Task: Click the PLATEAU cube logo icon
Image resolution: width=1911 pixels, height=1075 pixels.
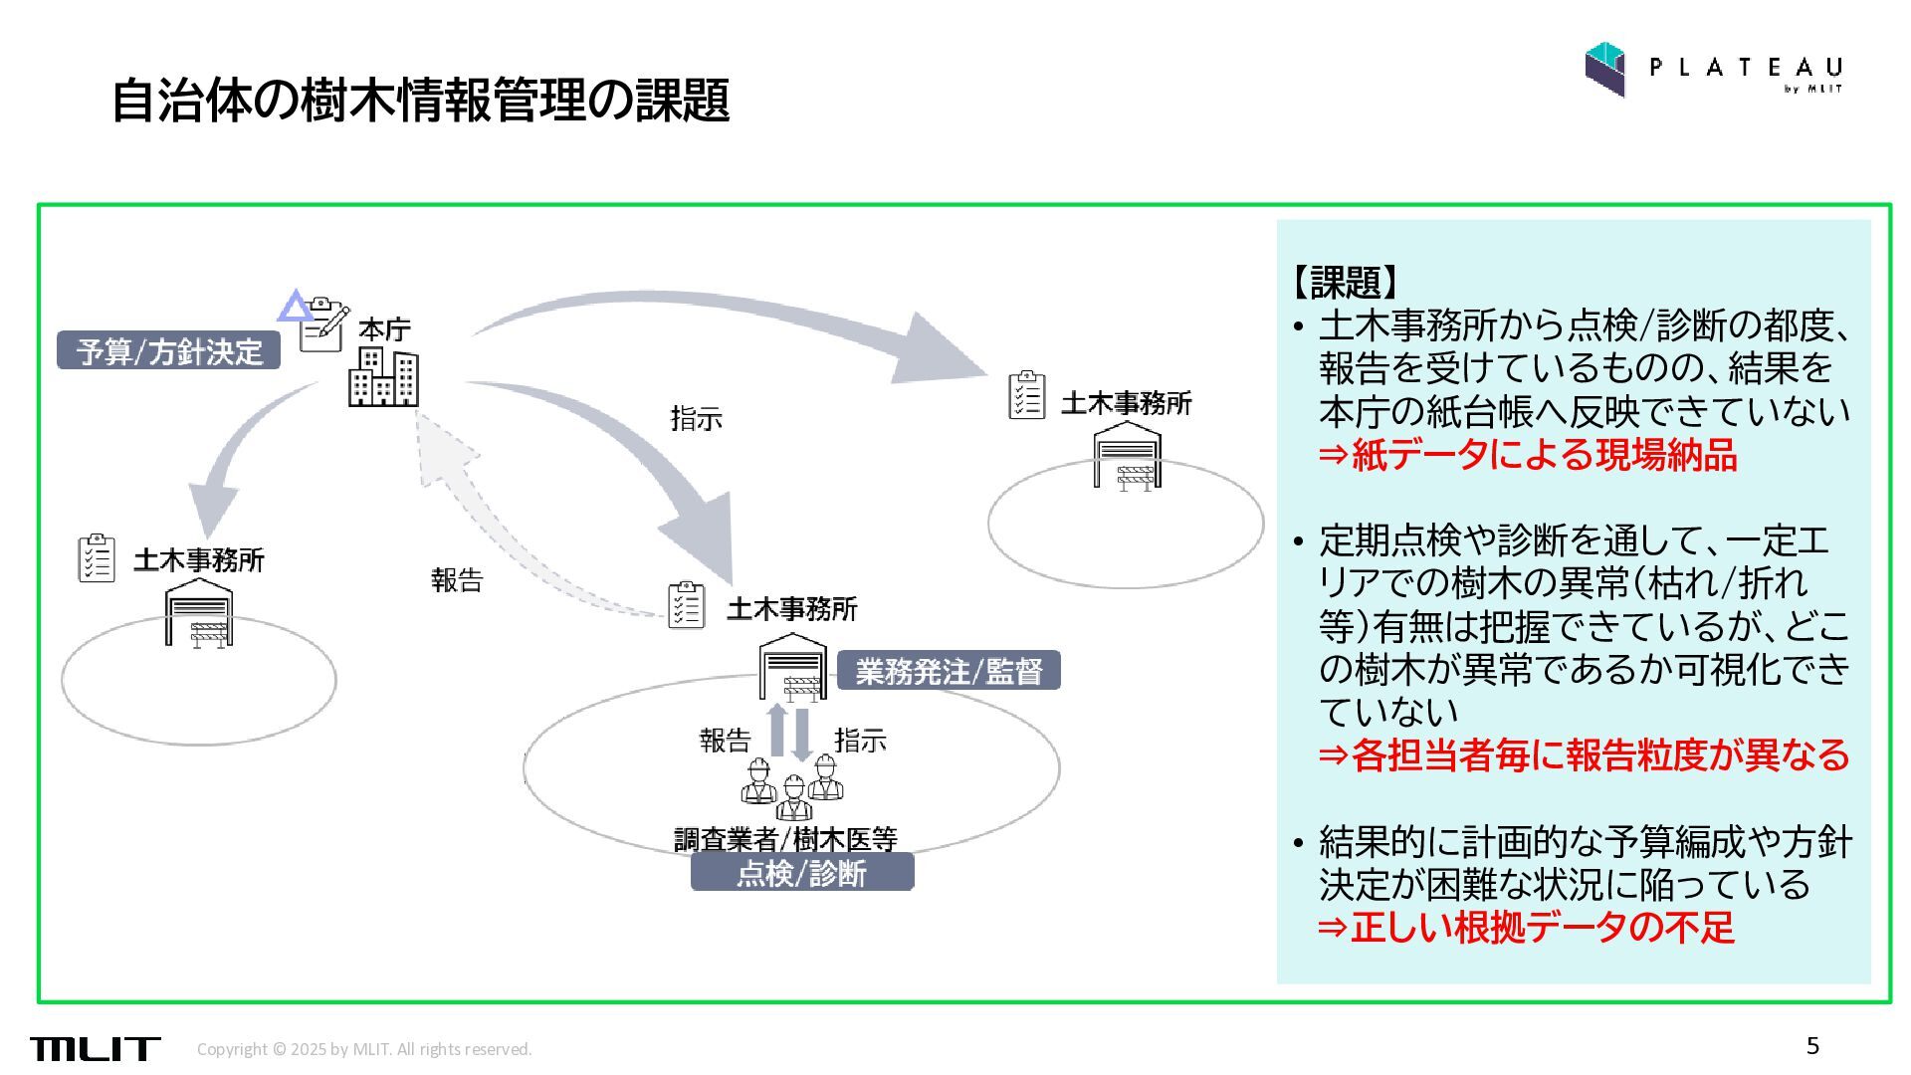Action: pos(1604,69)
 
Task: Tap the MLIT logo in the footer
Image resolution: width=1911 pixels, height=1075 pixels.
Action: pos(95,1048)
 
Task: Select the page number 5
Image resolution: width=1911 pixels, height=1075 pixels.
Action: pos(1812,1046)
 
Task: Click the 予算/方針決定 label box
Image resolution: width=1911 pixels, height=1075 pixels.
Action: pos(168,350)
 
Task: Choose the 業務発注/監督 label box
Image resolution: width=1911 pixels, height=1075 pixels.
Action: pos(948,671)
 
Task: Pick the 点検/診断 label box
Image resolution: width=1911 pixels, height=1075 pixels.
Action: pos(801,873)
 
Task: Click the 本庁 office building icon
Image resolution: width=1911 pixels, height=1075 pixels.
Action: pos(383,377)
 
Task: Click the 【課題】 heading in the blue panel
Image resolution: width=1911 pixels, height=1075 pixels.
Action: pos(1344,283)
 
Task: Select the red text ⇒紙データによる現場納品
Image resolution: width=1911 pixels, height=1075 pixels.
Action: pos(1528,455)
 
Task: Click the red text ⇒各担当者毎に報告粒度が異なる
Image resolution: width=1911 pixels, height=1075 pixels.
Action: pos(1584,755)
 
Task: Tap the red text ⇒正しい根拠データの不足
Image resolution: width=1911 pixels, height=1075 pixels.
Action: pos(1526,927)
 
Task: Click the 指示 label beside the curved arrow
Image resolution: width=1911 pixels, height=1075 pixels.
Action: pos(696,419)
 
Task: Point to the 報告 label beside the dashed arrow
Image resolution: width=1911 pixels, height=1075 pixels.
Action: pos(457,580)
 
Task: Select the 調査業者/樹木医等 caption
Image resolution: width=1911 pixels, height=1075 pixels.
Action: pos(785,839)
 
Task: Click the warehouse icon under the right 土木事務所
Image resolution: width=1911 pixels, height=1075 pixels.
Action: pos(1127,457)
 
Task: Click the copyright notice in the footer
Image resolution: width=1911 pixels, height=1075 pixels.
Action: pos(364,1049)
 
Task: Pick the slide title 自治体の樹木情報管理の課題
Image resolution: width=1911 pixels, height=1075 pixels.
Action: pos(420,100)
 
